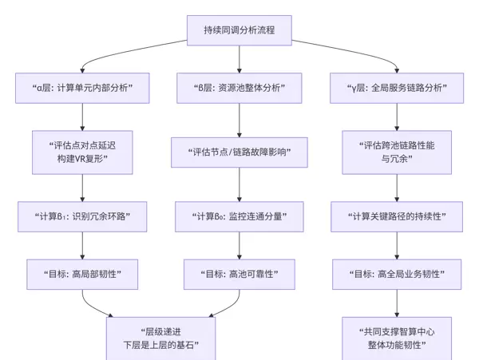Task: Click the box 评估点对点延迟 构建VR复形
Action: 83,152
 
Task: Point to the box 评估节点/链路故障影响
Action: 240,151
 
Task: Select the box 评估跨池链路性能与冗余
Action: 398,152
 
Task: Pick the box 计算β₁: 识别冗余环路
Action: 83,216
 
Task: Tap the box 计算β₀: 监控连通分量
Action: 240,216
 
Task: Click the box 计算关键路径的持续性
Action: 398,216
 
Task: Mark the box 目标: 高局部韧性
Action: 83,274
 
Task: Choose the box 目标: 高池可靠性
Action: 240,274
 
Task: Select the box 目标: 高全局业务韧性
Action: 398,274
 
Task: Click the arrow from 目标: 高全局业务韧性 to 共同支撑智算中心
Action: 398,303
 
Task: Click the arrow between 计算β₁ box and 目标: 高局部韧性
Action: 83,245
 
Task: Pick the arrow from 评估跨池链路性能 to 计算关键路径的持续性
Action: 398,187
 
